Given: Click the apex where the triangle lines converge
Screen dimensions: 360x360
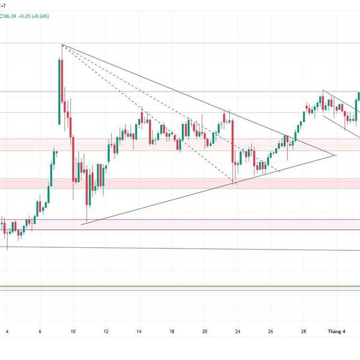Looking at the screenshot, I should pyautogui.click(x=335, y=155).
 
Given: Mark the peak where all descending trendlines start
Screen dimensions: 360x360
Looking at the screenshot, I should pyautogui.click(x=62, y=45).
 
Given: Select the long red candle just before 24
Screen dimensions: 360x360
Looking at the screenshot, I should pyautogui.click(x=232, y=142).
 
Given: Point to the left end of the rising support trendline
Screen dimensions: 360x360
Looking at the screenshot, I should pyautogui.click(x=82, y=224).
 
